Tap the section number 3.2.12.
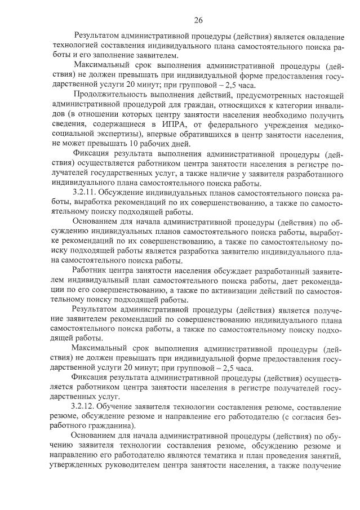pos(85,407)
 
